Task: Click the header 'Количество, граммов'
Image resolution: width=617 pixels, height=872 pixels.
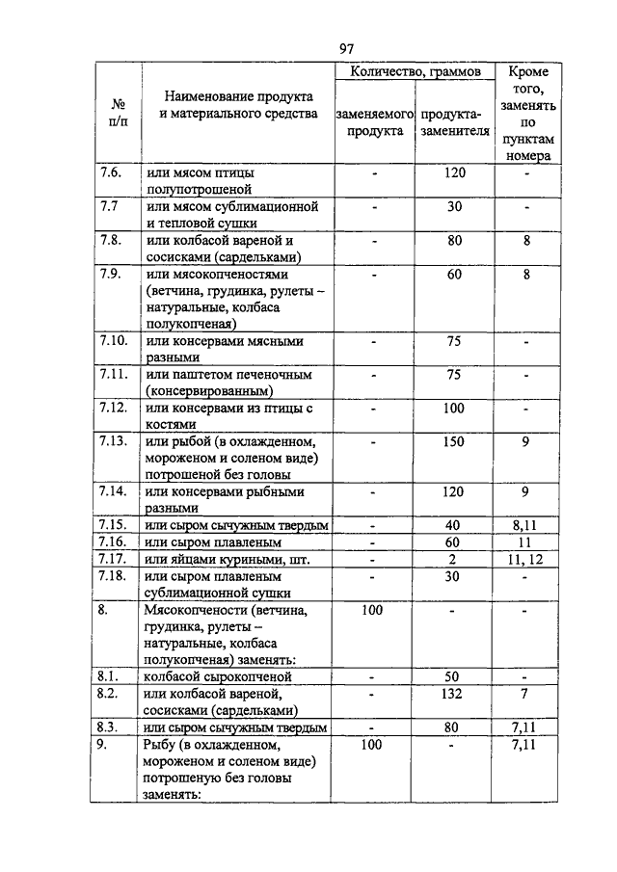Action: tap(415, 72)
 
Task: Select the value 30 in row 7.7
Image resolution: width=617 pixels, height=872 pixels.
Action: tap(453, 207)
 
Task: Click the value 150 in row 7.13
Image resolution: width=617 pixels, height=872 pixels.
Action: tap(453, 441)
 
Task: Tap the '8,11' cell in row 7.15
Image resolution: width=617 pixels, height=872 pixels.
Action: tap(526, 525)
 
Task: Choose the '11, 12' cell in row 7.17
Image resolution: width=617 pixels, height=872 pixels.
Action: tap(526, 559)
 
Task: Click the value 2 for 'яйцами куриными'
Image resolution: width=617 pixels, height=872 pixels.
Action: tap(452, 559)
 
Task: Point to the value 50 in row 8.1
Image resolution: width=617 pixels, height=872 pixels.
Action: tap(452, 676)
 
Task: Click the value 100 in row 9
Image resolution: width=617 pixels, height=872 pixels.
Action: tap(371, 744)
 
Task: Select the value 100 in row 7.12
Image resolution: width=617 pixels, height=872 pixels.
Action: tap(453, 409)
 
